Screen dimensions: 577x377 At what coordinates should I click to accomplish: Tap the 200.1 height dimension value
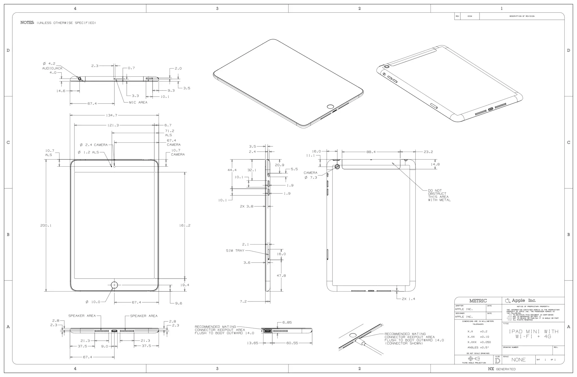pos(46,225)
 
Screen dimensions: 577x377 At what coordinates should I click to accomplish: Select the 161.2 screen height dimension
pos(185,225)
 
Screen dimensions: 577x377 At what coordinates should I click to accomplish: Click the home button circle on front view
pos(114,285)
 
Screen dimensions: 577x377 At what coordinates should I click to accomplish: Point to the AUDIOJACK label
pos(52,68)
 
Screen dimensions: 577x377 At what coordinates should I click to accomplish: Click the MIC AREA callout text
pos(138,102)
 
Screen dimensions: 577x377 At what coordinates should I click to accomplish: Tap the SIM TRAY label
pos(235,251)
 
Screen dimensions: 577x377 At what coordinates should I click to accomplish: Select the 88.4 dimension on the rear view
pos(371,152)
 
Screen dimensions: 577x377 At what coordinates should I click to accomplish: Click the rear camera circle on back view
pos(337,167)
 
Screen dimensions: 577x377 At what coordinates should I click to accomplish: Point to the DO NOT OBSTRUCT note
pos(439,195)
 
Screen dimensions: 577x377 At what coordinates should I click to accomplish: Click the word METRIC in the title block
pos(478,301)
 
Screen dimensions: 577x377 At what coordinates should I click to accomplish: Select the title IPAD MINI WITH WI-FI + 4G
pos(533,334)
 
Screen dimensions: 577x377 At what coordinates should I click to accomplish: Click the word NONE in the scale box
pos(518,360)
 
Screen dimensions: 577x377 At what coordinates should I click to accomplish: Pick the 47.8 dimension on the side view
pos(281,275)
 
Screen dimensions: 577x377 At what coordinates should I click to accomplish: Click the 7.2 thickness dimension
pos(243,301)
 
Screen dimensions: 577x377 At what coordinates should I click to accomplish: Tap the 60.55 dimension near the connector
pos(292,343)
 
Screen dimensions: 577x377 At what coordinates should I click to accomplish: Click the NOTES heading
pos(27,23)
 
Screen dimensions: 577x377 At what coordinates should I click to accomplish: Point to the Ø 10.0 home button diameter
pos(93,302)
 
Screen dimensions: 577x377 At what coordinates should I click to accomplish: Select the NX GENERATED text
pos(502,369)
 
